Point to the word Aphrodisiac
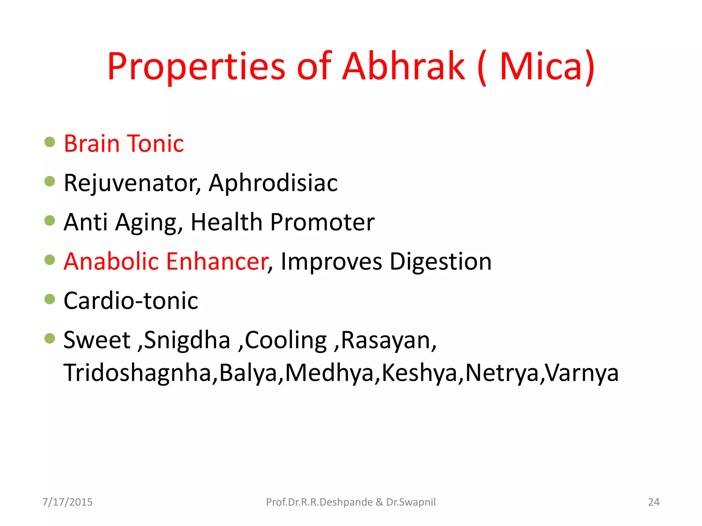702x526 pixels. coord(273,183)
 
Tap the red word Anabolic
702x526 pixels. coord(111,261)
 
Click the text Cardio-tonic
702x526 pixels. coord(131,301)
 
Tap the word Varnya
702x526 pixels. coord(582,373)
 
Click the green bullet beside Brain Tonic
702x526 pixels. coord(50,142)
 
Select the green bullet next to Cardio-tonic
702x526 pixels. coord(50,299)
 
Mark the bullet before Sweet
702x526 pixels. coord(50,338)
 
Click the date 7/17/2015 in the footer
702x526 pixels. coord(68,502)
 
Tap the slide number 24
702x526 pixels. coord(653,502)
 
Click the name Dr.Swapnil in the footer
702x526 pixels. coord(411,502)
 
